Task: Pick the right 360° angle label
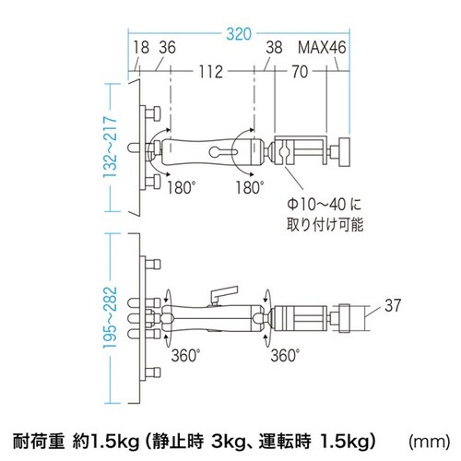[283, 355]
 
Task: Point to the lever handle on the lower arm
[218, 292]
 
